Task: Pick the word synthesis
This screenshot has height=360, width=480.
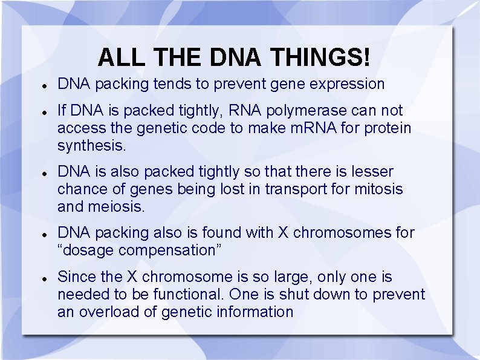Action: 90,146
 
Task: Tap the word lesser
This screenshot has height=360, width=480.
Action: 371,172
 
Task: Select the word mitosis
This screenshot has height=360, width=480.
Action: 379,189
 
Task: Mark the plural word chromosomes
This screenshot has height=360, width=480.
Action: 340,233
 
